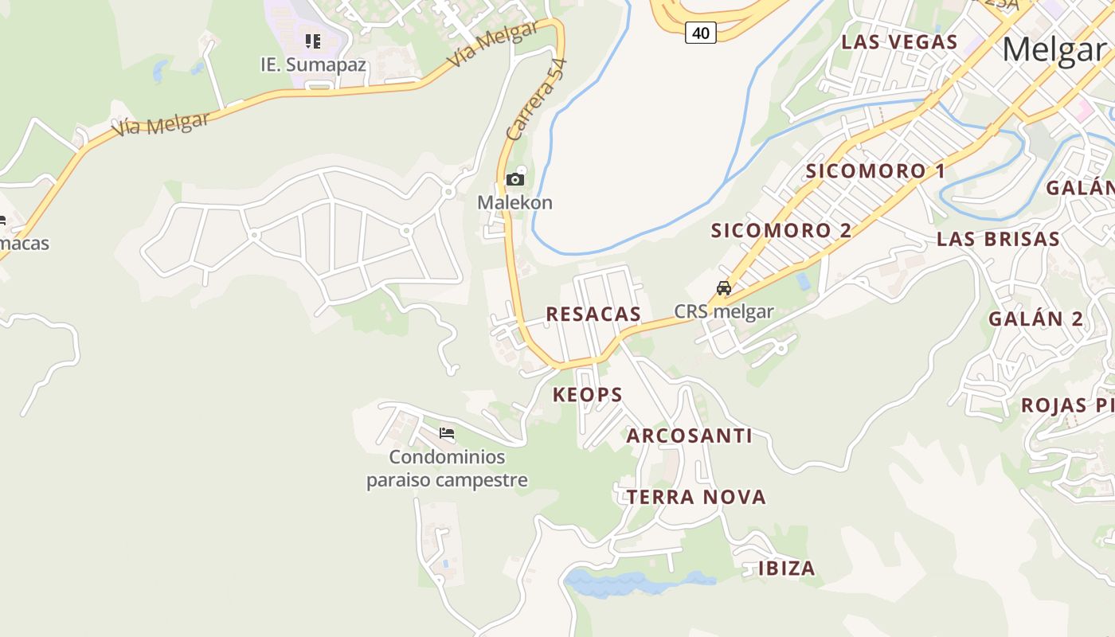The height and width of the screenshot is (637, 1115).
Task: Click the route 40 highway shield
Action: pyautogui.click(x=701, y=33)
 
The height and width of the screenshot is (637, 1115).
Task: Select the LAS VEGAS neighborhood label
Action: pyautogui.click(x=899, y=42)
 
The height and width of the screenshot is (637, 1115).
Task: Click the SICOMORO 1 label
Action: pyautogui.click(x=875, y=171)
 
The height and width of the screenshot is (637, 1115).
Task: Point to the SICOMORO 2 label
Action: pyautogui.click(x=781, y=231)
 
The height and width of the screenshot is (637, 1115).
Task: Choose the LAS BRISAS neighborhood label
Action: pyautogui.click(x=998, y=239)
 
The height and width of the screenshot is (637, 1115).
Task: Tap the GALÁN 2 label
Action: pyautogui.click(x=1035, y=319)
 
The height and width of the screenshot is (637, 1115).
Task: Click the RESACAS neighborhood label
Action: pyautogui.click(x=593, y=315)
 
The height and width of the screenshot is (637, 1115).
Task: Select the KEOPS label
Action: pyautogui.click(x=588, y=395)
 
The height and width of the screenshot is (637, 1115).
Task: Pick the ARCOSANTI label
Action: pyautogui.click(x=689, y=436)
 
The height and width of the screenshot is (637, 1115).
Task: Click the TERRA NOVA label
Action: pyautogui.click(x=696, y=498)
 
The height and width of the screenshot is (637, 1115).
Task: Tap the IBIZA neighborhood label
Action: pyautogui.click(x=787, y=569)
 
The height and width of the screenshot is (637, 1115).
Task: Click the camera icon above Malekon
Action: pyautogui.click(x=515, y=179)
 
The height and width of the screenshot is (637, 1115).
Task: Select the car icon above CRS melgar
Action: pyautogui.click(x=724, y=288)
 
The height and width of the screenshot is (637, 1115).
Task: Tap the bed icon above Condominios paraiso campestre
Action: pyautogui.click(x=447, y=433)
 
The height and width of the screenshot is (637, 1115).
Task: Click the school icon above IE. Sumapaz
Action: pyautogui.click(x=313, y=41)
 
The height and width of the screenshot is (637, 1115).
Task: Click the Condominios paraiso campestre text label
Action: pyautogui.click(x=447, y=469)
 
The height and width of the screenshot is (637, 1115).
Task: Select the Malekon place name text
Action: pyautogui.click(x=514, y=203)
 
